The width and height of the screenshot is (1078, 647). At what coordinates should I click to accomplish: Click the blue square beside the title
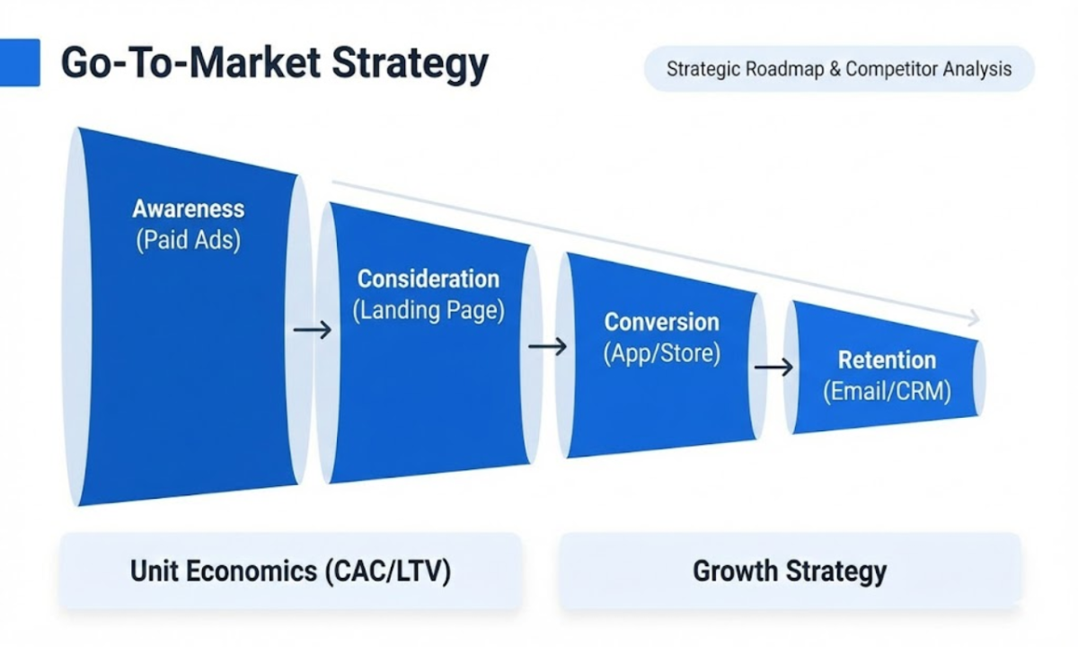coord(20,63)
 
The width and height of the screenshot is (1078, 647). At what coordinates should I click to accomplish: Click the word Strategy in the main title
coord(410,65)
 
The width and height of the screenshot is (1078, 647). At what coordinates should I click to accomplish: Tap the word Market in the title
coord(255,63)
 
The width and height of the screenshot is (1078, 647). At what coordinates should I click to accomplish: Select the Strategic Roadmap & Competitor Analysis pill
coord(839,69)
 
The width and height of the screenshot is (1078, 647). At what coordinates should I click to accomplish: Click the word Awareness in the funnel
coord(188,208)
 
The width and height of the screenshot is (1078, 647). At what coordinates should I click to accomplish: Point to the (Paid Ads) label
coord(188,240)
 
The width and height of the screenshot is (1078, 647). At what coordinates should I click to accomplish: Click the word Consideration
coord(429,279)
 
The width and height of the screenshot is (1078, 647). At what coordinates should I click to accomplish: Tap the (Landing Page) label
coord(429,310)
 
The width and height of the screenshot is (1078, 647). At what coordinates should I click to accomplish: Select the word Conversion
coord(662,322)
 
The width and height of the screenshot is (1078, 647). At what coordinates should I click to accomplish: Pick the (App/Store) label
coord(662,353)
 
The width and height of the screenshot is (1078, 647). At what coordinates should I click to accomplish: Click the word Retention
coord(887,360)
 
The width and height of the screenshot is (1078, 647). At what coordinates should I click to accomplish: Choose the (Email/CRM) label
coord(887,391)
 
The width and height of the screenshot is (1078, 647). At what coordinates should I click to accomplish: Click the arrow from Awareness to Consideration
coord(313,331)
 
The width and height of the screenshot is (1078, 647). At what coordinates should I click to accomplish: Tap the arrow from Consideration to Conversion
coord(548,347)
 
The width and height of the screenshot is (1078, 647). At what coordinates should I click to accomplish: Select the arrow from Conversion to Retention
coord(773,368)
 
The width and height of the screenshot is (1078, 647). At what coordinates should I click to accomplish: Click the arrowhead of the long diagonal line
coord(974,318)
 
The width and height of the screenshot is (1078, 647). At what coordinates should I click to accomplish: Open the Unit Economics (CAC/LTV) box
coord(291,571)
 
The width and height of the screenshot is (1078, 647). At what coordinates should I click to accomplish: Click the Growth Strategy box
coord(790,571)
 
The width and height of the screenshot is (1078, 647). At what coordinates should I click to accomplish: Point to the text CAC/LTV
coord(388,572)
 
